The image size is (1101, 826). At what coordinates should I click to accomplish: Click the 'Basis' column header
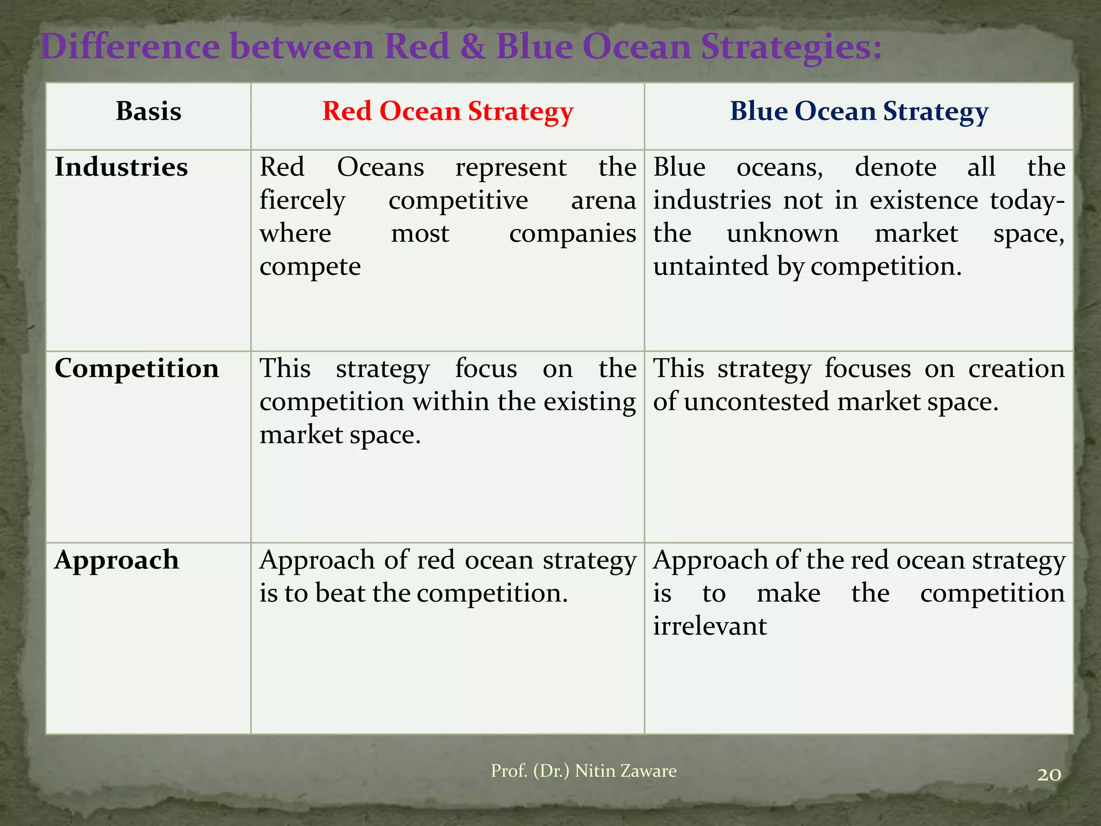(x=148, y=111)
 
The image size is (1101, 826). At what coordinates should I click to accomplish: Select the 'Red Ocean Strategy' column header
(x=448, y=111)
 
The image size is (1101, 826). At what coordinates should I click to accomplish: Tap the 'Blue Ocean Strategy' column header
(x=859, y=111)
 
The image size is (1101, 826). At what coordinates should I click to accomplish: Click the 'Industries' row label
(x=121, y=167)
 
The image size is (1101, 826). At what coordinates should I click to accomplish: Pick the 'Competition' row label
(x=137, y=368)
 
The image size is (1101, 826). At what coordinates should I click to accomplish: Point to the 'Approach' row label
(x=117, y=560)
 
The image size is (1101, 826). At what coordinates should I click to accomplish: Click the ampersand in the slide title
(x=473, y=47)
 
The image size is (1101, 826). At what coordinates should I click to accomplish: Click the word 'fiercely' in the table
(x=302, y=201)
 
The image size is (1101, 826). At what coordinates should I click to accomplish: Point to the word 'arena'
(x=603, y=201)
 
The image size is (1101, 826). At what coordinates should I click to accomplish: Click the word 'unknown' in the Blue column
(x=782, y=234)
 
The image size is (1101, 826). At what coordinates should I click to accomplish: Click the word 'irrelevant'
(x=710, y=626)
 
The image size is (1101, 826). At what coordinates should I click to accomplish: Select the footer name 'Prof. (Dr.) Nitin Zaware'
(x=583, y=771)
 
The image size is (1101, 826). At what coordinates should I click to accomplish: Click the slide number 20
(x=1049, y=775)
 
